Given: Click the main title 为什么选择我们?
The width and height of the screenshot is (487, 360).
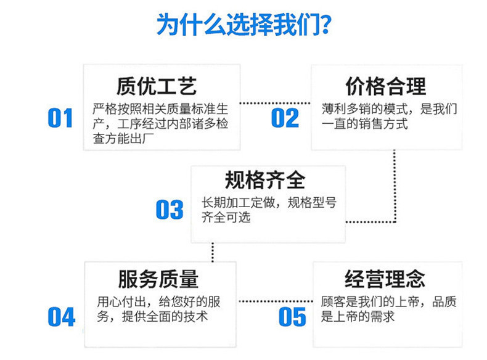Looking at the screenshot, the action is point(244,24).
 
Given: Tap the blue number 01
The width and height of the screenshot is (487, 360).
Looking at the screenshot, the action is point(60,118).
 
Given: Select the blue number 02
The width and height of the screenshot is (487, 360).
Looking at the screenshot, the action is point(285,118).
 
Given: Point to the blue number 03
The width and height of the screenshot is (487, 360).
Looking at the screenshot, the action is point(170,210).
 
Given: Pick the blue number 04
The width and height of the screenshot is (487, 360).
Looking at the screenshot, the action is point(62,317).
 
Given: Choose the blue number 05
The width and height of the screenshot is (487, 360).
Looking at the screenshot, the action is point(292,317).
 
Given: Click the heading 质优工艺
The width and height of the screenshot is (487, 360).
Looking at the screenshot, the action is point(157,86).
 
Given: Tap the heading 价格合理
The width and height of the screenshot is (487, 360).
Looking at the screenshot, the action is point(386,86).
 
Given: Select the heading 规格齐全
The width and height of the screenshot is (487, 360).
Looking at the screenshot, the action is point(265,180).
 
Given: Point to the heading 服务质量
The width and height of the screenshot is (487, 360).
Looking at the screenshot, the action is point(158,279).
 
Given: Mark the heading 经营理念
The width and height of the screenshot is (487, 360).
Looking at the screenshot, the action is point(385,279).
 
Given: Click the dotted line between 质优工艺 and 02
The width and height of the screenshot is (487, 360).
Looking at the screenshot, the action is point(275,103).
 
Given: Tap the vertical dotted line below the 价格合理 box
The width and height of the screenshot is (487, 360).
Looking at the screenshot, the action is point(395,186).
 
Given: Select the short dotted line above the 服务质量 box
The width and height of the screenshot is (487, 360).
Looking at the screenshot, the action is point(213,252).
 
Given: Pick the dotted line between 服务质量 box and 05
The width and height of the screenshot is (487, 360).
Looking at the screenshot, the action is point(276,301).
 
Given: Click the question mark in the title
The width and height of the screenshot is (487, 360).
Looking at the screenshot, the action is point(326,24).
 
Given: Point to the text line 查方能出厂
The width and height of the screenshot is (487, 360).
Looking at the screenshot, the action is point(123,139).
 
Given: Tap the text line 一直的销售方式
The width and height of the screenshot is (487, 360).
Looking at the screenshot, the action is point(364,124).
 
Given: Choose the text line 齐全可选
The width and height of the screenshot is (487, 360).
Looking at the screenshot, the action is point(226,217).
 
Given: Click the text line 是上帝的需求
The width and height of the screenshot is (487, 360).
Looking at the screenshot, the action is point(358,316).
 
